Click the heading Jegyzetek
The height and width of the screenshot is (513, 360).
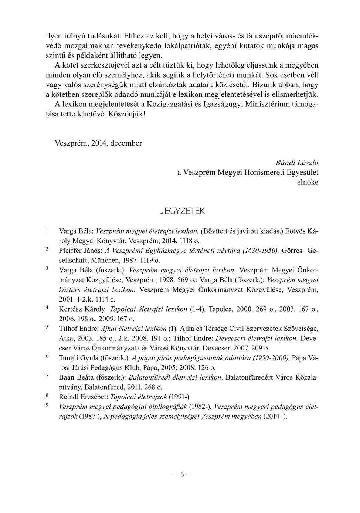tap(182, 211)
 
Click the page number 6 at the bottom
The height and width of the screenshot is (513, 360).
tap(182, 475)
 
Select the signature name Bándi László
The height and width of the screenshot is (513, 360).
tap(297, 163)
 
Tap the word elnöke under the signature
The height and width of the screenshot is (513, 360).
tap(308, 182)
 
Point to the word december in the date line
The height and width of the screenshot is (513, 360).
tap(126, 143)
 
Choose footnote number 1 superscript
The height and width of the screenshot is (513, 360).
tap(47, 230)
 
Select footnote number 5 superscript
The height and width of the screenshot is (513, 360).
tap(47, 327)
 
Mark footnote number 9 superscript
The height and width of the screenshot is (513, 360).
tap(47, 405)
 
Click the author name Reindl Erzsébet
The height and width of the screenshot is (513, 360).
tap(83, 397)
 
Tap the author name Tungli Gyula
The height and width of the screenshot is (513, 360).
tap(78, 358)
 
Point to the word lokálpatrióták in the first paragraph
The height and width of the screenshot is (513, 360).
tap(176, 46)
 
